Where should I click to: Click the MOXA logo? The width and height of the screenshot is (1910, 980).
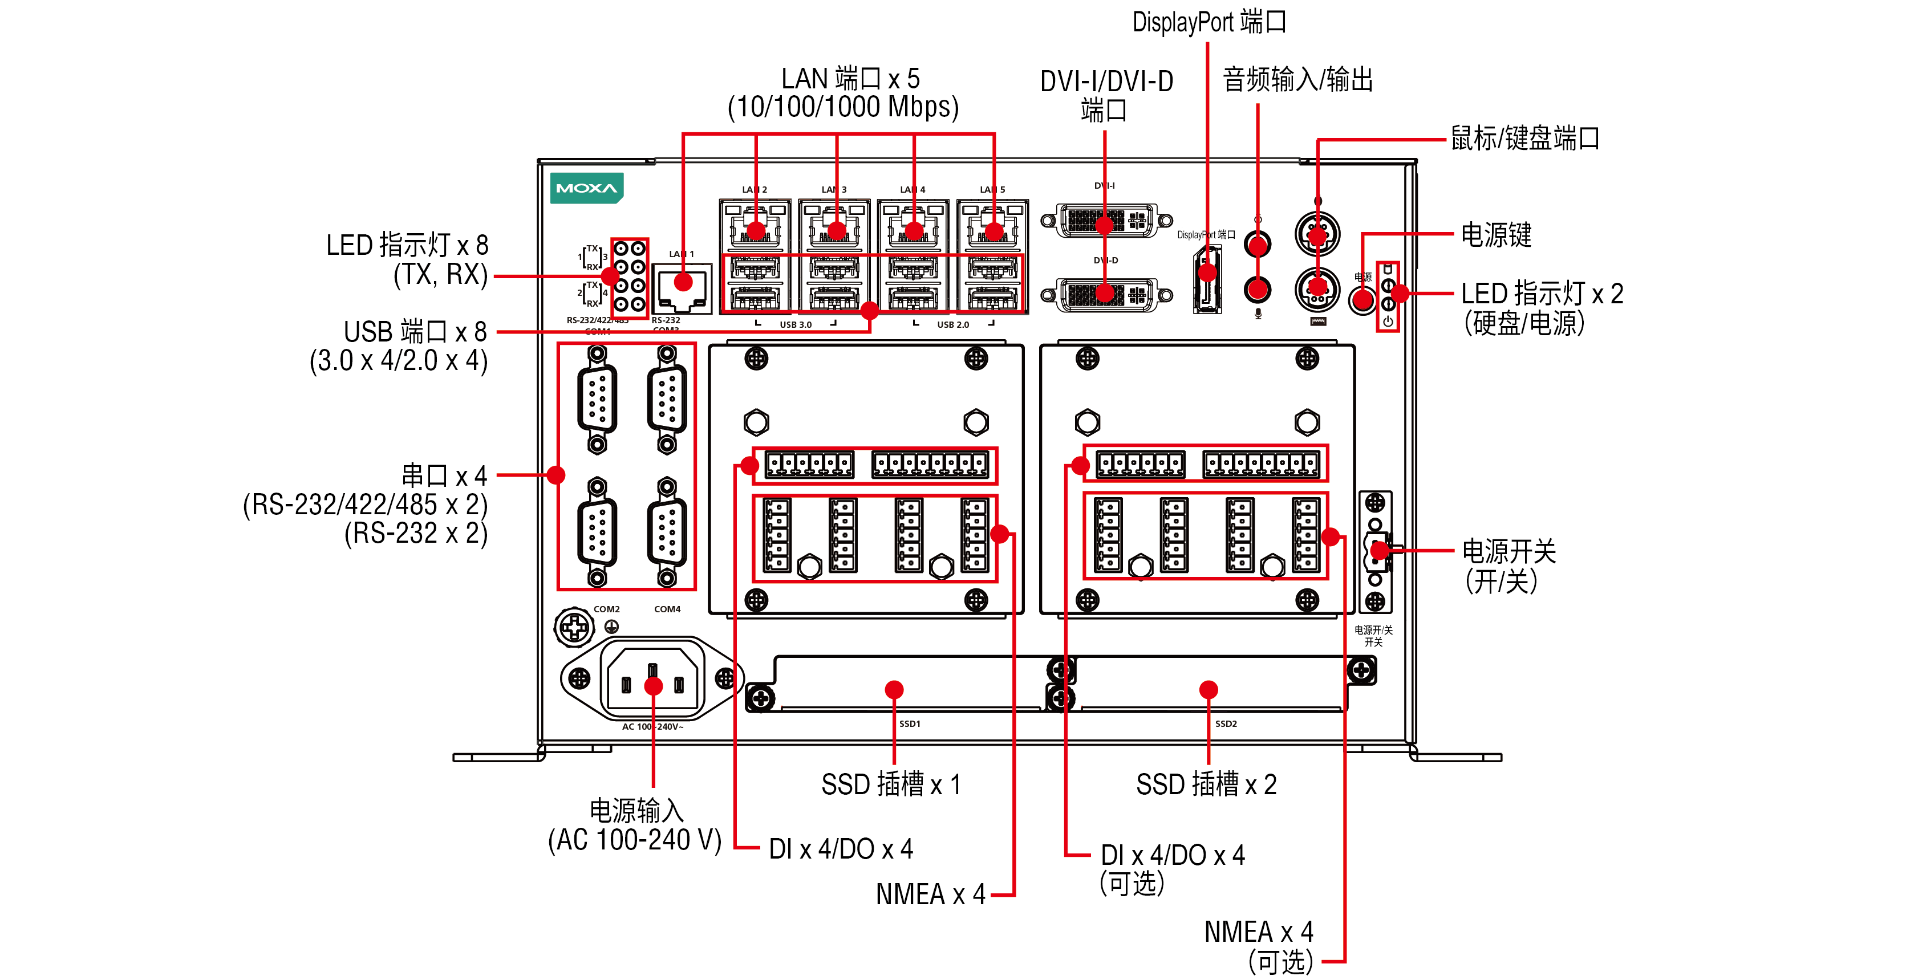(x=586, y=188)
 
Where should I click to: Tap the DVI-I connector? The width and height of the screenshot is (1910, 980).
(x=1105, y=221)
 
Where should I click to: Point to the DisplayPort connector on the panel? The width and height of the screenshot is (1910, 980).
(x=1207, y=282)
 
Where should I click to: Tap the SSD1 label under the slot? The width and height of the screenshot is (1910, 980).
(x=909, y=723)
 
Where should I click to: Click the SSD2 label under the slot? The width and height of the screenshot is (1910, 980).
(x=1226, y=723)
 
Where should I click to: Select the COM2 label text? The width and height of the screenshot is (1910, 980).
(x=606, y=609)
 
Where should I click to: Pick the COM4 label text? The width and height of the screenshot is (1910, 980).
(x=667, y=609)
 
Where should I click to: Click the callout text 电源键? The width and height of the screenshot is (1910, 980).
(x=1495, y=235)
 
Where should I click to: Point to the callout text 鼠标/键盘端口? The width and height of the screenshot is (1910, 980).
(x=1524, y=139)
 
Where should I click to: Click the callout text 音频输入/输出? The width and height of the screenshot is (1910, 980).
(x=1297, y=79)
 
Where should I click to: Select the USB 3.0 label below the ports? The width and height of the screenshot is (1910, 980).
(x=795, y=325)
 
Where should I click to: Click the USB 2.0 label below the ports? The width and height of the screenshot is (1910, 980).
(x=953, y=325)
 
